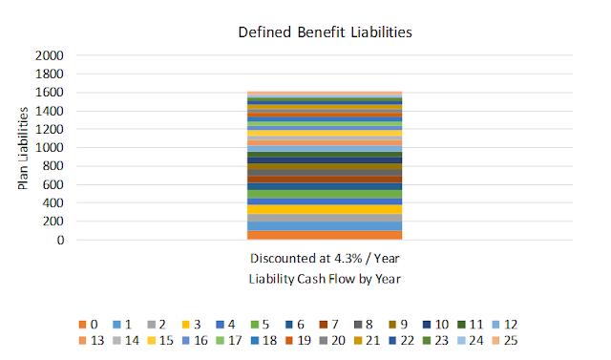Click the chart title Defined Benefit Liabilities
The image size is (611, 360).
click(325, 32)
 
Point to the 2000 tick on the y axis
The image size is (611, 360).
click(49, 55)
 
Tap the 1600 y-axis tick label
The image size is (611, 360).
click(49, 93)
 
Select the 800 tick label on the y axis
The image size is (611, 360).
click(53, 166)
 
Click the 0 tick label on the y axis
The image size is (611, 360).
click(60, 240)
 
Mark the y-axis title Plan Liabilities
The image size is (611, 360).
click(23, 148)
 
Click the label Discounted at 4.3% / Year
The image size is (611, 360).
click(325, 259)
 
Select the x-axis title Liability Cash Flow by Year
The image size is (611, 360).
click(325, 279)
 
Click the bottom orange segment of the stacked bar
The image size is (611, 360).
click(325, 235)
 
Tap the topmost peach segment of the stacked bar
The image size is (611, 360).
click(325, 94)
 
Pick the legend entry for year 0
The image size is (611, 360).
click(89, 325)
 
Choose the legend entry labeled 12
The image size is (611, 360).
click(505, 325)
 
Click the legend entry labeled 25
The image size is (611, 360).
click(505, 341)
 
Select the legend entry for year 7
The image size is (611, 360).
click(329, 325)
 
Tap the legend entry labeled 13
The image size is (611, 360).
click(92, 341)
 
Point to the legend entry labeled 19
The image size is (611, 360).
click(298, 341)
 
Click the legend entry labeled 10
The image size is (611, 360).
click(436, 325)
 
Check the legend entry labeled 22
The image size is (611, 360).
click(402, 341)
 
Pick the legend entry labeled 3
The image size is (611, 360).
click(192, 325)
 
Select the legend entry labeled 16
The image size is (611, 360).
click(195, 341)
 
